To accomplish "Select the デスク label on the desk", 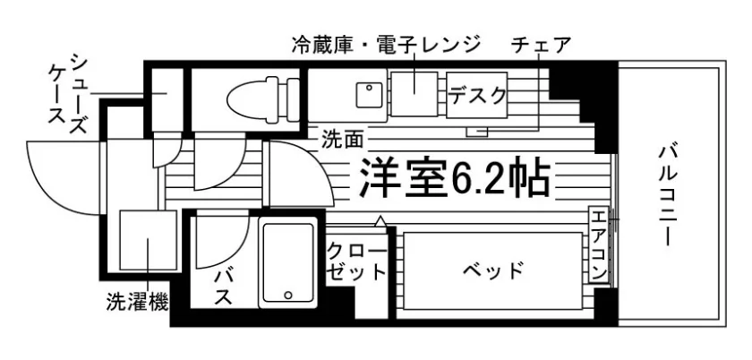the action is click(476, 96).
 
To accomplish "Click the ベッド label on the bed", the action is click(493, 271).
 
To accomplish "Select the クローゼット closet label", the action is click(356, 262).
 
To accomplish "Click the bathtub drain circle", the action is click(287, 295).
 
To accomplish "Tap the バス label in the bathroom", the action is click(224, 287).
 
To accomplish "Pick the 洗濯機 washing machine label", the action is click(137, 303).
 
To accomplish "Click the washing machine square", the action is click(149, 240).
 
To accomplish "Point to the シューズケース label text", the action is click(70, 95).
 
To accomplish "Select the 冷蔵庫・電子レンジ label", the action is click(386, 46).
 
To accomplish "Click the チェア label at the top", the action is click(541, 46).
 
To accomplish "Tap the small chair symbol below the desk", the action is click(477, 131).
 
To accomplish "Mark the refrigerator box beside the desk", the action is click(414, 94).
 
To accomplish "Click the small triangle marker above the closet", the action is click(380, 221).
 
